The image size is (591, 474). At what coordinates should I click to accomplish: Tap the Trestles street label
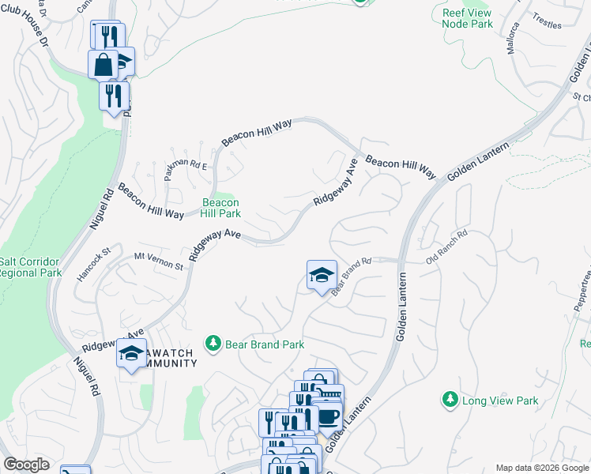547,21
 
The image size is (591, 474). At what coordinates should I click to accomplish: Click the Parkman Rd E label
185,161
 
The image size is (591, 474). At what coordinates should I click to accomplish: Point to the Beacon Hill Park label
220,208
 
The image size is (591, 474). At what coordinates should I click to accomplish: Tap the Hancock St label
95,262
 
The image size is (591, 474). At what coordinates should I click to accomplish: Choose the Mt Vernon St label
159,261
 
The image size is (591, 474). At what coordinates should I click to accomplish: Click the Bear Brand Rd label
351,276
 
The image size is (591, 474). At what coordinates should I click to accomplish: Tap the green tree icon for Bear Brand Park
212,343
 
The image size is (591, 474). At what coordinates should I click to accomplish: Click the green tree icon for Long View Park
450,401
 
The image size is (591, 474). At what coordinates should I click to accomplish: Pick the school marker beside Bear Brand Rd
322,275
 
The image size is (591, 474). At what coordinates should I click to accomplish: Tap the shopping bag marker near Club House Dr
104,63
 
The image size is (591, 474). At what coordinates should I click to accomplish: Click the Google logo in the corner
26,465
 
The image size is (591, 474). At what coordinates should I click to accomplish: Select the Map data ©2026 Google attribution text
542,468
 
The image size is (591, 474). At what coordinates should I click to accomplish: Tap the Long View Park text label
500,401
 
